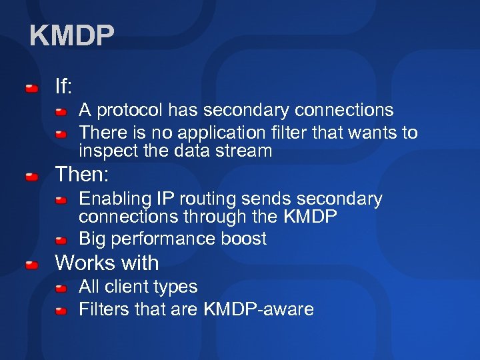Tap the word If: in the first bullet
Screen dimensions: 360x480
coord(64,86)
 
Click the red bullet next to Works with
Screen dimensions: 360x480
coord(31,265)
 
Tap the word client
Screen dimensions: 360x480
coord(127,287)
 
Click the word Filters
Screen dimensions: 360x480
coord(106,309)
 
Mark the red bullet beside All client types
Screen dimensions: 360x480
coord(61,289)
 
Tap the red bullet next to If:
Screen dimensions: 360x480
coord(31,88)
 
